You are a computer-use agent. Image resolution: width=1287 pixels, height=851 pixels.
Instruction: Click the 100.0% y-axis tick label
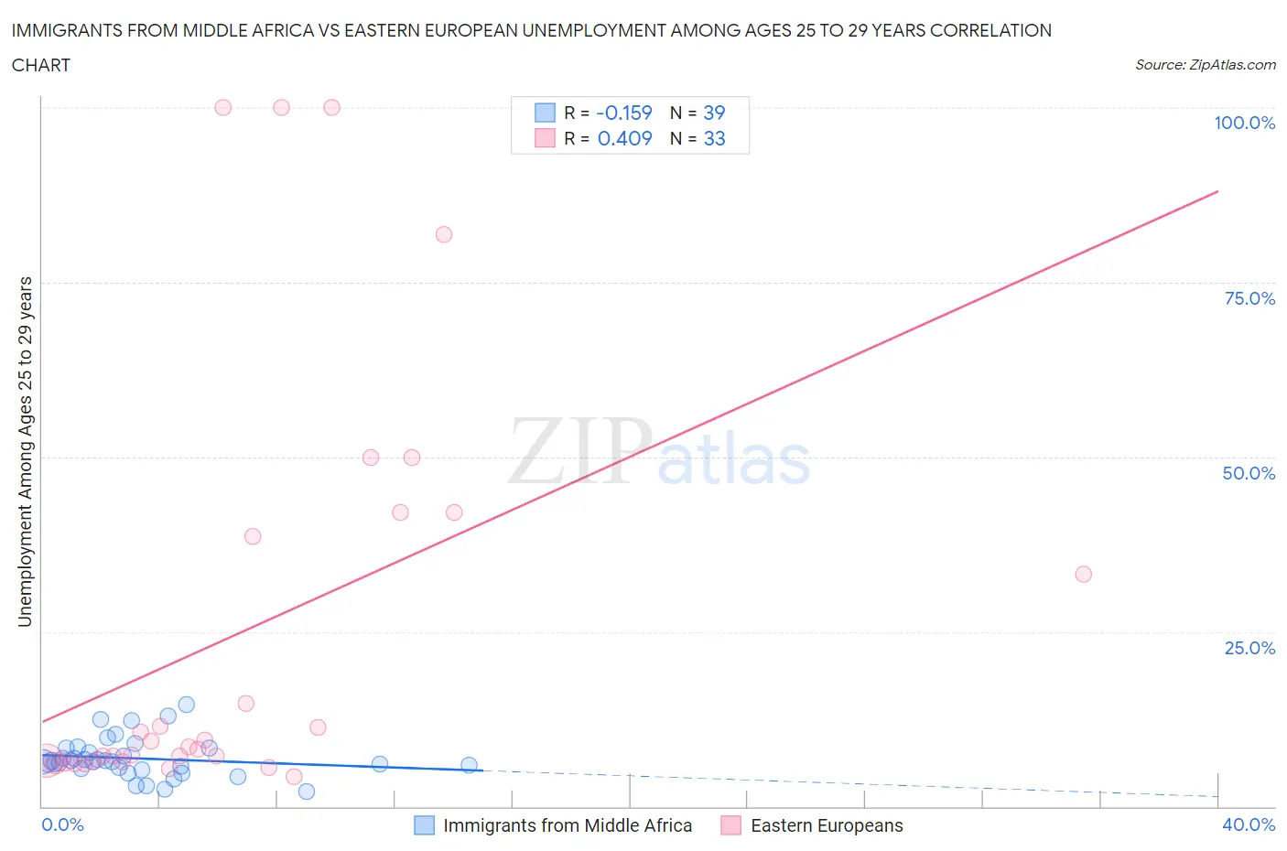pyautogui.click(x=1244, y=123)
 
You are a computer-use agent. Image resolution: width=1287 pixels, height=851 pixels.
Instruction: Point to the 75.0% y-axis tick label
pyautogui.click(x=1249, y=298)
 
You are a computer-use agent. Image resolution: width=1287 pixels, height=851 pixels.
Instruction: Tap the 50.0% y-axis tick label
pyautogui.click(x=1249, y=473)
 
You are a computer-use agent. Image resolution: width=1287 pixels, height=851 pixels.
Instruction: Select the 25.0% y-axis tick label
pyautogui.click(x=1249, y=648)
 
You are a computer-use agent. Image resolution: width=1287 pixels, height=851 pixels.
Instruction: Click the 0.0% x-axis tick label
pyautogui.click(x=62, y=824)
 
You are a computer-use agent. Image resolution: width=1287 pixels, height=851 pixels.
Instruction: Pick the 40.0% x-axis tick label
pyautogui.click(x=1249, y=824)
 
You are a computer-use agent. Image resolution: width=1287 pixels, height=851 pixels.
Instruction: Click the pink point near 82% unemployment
pyautogui.click(x=444, y=234)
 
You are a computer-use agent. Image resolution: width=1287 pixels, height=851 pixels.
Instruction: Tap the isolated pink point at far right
pyautogui.click(x=1083, y=574)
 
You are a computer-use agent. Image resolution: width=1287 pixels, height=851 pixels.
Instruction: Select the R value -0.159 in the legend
pyautogui.click(x=623, y=113)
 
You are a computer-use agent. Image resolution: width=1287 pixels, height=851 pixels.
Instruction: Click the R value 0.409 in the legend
pyautogui.click(x=624, y=138)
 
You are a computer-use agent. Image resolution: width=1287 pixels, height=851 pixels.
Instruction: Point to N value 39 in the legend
pyautogui.click(x=714, y=113)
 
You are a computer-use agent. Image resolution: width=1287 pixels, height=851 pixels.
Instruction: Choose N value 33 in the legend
pyautogui.click(x=714, y=138)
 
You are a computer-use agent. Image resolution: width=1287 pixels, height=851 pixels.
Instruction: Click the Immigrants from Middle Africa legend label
pyautogui.click(x=568, y=825)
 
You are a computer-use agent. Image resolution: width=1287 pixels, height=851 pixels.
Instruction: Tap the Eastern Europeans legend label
pyautogui.click(x=827, y=825)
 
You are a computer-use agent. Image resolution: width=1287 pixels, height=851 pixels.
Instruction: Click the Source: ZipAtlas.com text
pyautogui.click(x=1205, y=64)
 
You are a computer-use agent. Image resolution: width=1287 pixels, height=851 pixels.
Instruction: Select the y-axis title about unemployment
pyautogui.click(x=25, y=451)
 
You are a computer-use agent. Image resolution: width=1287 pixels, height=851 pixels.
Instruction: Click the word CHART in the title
pyautogui.click(x=41, y=65)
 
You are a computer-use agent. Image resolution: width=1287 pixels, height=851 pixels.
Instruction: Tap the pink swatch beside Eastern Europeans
pyautogui.click(x=730, y=825)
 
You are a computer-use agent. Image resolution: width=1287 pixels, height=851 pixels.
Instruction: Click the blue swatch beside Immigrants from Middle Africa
pyautogui.click(x=424, y=825)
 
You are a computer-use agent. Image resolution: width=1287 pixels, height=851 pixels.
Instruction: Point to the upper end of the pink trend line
pyautogui.click(x=1217, y=191)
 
